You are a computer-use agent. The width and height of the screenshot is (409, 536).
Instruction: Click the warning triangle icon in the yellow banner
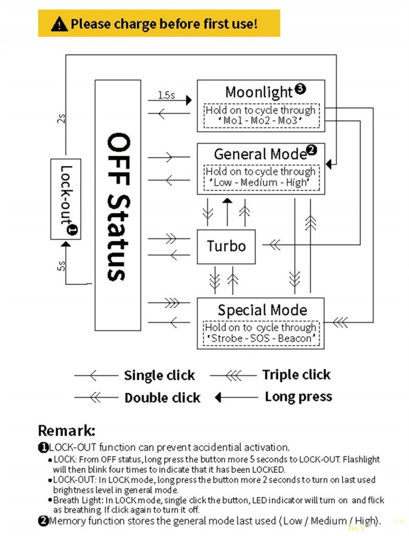coord(60,24)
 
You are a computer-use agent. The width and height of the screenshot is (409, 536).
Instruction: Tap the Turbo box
coord(226,246)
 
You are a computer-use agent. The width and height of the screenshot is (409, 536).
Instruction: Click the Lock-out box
coord(65,199)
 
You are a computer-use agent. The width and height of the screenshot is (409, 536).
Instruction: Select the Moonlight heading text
coord(259,92)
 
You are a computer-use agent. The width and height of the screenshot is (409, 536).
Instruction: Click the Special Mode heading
coord(262,310)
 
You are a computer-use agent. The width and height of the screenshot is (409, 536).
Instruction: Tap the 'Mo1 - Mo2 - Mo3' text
coord(261,121)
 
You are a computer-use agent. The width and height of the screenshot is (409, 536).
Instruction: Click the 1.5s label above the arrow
coord(166,95)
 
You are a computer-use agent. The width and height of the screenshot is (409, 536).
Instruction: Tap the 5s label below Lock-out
coord(61,266)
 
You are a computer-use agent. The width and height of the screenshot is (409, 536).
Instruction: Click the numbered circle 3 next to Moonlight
coord(300,89)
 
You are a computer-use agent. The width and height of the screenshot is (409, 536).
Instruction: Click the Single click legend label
coord(159,376)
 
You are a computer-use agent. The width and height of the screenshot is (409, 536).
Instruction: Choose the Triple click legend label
coord(296,375)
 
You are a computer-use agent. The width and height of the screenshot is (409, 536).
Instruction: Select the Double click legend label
coord(162,398)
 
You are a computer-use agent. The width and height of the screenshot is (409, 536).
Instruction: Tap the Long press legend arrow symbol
coord(236,397)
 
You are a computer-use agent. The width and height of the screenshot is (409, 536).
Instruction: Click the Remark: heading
coord(66,430)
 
